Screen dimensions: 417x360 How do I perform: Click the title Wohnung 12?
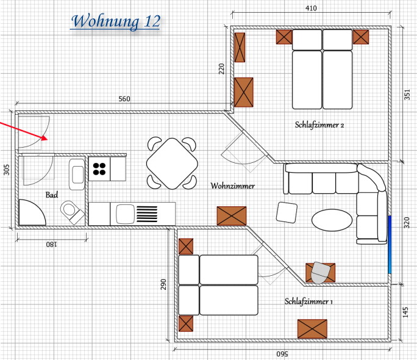click(x=116, y=21)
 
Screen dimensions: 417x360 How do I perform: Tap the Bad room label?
click(x=52, y=195)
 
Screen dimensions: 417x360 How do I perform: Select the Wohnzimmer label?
click(x=232, y=185)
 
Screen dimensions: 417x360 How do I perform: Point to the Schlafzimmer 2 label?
click(x=319, y=124)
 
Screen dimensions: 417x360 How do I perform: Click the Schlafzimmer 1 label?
click(x=308, y=301)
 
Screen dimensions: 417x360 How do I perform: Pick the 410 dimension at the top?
click(x=311, y=9)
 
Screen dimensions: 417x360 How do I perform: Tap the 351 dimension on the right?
click(x=407, y=95)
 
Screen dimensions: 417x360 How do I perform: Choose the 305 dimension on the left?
click(x=6, y=170)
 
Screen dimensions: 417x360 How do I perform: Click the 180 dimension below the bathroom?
click(x=51, y=244)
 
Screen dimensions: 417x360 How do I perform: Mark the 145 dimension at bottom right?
click(x=405, y=312)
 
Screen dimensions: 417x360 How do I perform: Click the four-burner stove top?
click(x=99, y=168)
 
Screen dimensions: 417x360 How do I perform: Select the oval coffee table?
click(x=332, y=220)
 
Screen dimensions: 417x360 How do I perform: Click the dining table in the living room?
click(x=172, y=164)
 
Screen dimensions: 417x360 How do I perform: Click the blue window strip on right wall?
click(x=390, y=245)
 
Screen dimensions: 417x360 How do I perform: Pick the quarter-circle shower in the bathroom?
click(x=32, y=212)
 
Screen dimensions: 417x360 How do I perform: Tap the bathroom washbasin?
click(x=77, y=175)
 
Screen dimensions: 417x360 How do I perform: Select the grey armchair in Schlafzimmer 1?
click(x=320, y=273)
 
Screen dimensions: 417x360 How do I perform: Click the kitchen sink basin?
click(x=125, y=214)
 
